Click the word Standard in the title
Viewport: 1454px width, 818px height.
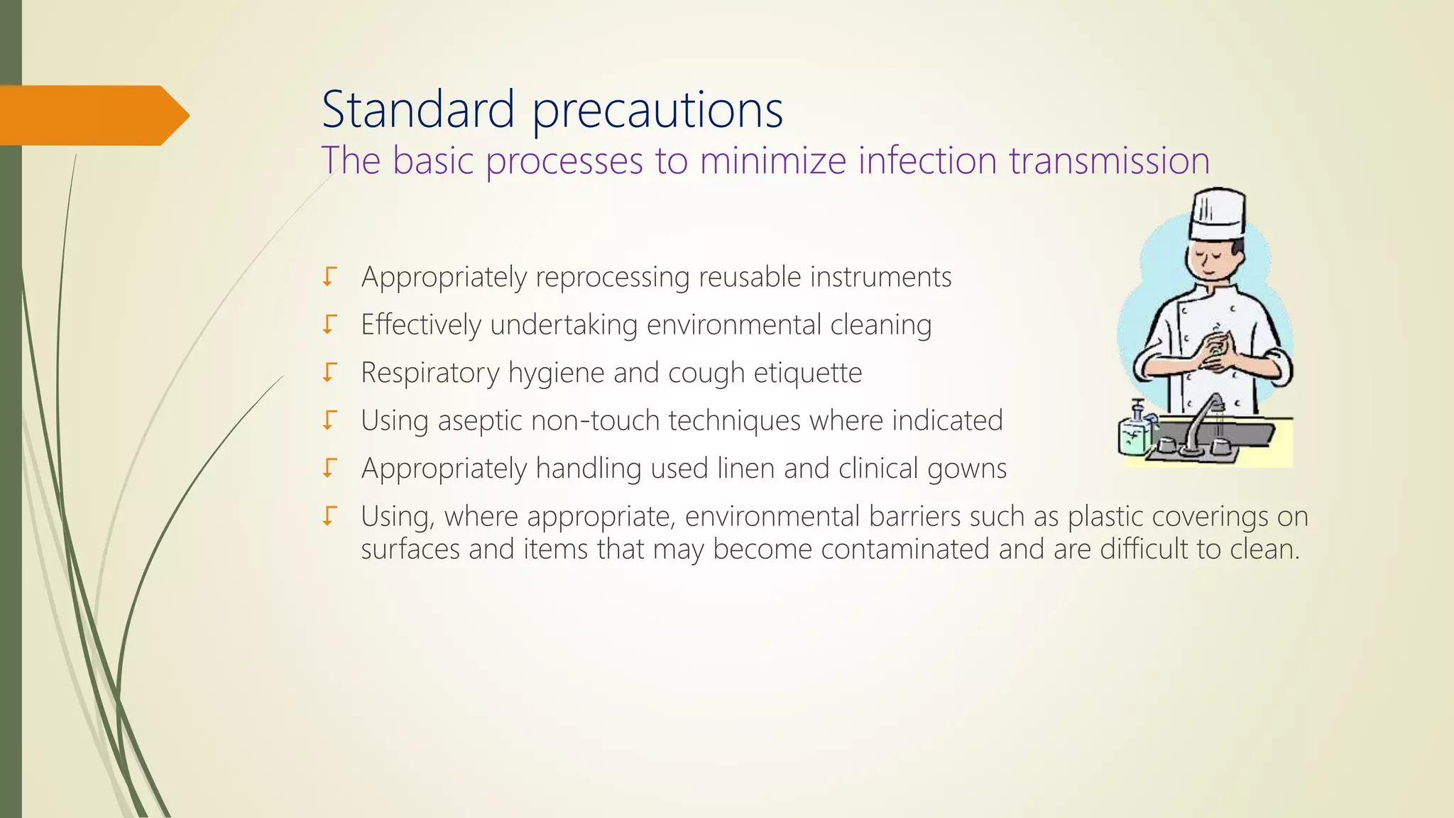click(x=417, y=110)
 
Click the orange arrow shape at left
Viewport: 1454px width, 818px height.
click(x=92, y=115)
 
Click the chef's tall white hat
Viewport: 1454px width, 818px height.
click(x=1217, y=213)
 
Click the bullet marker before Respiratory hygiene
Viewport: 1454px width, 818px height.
click(x=328, y=372)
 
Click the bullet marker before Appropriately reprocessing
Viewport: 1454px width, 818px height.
click(x=328, y=276)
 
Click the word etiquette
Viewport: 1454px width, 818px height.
click(x=807, y=373)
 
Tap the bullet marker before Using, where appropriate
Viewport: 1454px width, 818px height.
click(x=328, y=516)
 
